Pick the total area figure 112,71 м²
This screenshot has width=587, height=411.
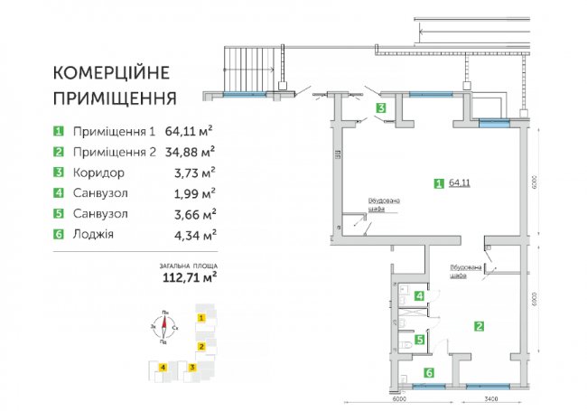(x=187, y=278)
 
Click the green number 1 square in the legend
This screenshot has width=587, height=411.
(x=59, y=130)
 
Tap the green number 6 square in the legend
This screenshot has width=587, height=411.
(x=59, y=235)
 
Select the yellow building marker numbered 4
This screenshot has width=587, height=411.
(x=162, y=367)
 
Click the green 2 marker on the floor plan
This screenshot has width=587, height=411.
(x=480, y=327)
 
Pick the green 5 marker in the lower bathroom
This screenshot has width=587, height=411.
(x=418, y=340)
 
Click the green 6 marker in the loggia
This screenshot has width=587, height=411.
(x=429, y=372)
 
